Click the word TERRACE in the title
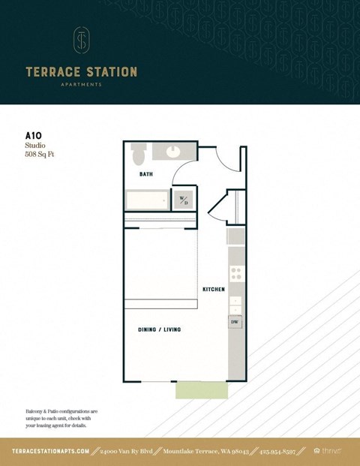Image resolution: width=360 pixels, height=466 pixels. click(55, 72)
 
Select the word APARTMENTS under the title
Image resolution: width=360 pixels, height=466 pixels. click(81, 85)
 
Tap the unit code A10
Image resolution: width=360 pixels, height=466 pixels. click(34, 137)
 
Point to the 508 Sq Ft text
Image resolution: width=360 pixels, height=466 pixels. click(40, 155)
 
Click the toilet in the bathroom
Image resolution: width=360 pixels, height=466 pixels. click(137, 155)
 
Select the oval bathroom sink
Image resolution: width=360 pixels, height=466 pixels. click(174, 151)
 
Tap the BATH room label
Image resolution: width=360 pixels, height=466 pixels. click(146, 174)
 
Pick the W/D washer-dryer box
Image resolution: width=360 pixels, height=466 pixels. click(184, 200)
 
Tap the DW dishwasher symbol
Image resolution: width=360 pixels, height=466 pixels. click(235, 323)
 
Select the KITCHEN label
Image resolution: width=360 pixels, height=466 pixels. click(213, 289)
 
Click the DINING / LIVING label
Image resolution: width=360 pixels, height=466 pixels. click(159, 329)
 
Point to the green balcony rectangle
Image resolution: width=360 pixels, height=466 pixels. click(201, 390)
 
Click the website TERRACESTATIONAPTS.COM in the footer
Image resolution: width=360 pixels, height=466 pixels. click(51, 451)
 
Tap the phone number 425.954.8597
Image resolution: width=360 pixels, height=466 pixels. click(281, 451)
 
